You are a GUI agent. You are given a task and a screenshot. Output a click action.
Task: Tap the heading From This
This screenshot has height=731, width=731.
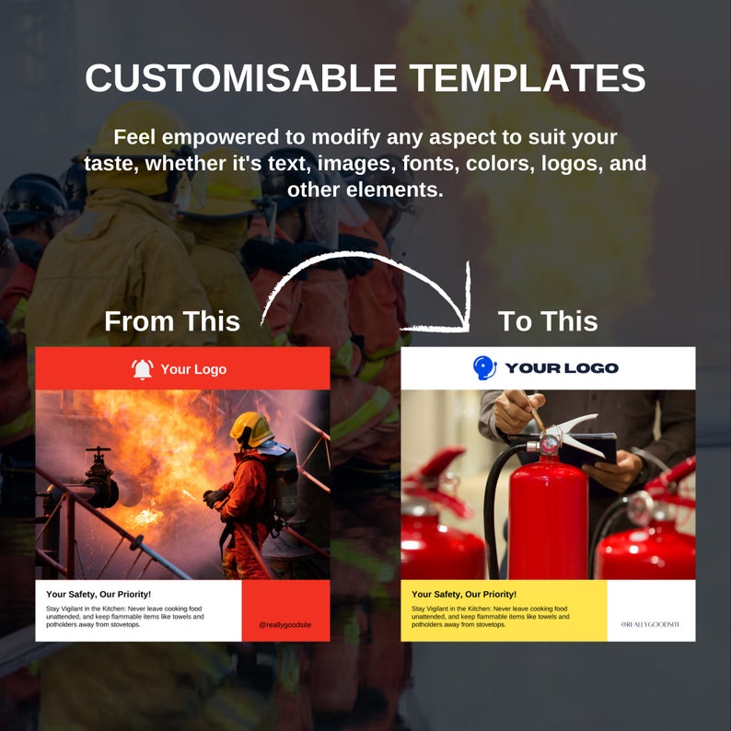pyautogui.click(x=172, y=321)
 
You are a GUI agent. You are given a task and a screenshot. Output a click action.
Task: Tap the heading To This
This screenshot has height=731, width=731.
pyautogui.click(x=548, y=321)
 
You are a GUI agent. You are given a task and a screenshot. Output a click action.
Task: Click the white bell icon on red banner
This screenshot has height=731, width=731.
pyautogui.click(x=142, y=369)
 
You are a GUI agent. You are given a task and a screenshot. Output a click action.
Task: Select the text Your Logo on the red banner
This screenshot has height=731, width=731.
pyautogui.click(x=193, y=369)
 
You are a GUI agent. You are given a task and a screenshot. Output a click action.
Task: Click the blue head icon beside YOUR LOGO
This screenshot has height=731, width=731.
pyautogui.click(x=484, y=367)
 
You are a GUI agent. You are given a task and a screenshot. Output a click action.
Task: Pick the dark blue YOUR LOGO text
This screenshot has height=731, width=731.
pyautogui.click(x=562, y=368)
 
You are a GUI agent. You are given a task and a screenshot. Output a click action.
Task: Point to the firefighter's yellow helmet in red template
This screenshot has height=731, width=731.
pyautogui.click(x=249, y=428)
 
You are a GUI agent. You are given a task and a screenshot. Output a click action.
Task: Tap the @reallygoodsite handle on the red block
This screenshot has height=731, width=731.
pyautogui.click(x=284, y=624)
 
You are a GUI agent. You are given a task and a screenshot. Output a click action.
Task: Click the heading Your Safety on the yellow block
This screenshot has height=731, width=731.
pyautogui.click(x=464, y=595)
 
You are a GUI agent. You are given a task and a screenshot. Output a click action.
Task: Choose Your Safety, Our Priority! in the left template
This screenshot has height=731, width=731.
pyautogui.click(x=99, y=595)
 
